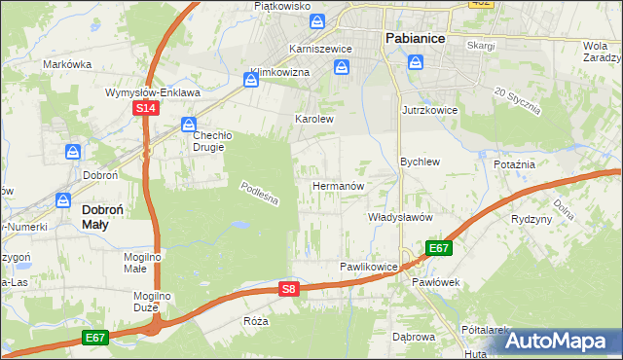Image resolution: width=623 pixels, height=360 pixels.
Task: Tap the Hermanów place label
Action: click(338, 185)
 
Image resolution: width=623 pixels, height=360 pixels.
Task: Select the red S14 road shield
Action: click(145, 109)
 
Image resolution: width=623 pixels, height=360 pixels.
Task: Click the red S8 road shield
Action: click(288, 288)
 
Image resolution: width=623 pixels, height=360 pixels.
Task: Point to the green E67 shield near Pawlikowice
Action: click(438, 248)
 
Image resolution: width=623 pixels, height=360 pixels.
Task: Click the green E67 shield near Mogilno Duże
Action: click(94, 338)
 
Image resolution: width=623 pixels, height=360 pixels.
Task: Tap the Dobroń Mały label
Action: click(108, 216)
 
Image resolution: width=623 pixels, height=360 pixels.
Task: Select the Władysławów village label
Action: click(399, 218)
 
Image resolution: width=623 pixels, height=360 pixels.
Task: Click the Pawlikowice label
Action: click(368, 266)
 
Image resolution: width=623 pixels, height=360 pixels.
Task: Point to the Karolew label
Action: click(314, 119)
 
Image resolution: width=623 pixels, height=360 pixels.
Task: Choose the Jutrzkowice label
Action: click(429, 111)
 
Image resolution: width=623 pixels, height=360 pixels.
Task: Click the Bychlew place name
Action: click(421, 162)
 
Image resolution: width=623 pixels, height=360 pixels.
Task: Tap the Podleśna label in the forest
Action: click(260, 193)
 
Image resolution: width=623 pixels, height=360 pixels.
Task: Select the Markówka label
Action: click(67, 64)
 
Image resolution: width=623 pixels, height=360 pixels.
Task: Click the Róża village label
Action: click(256, 320)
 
